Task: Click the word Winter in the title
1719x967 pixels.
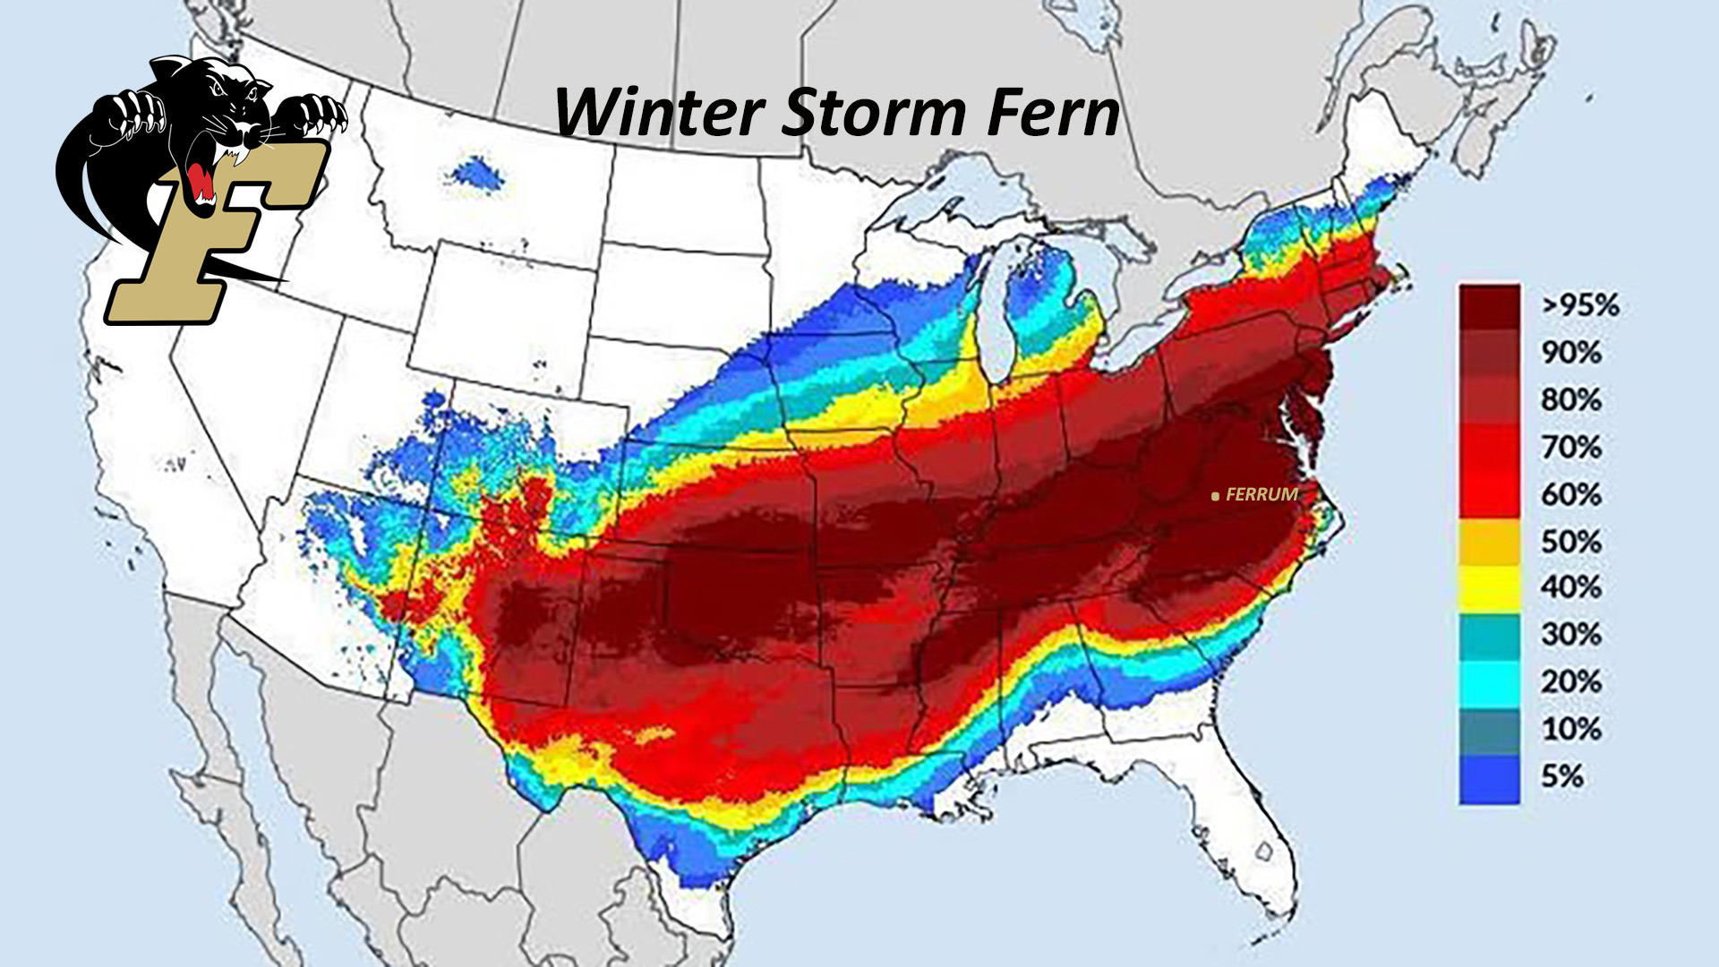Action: pos(658,114)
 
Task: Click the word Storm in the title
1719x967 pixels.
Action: pos(873,114)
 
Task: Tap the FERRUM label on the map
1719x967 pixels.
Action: pos(1261,494)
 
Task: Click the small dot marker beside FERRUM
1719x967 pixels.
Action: pos(1215,495)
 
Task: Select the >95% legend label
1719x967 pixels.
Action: pos(1579,305)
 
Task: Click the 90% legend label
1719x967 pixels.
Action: pos(1570,353)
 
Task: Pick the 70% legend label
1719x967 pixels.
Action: pos(1570,447)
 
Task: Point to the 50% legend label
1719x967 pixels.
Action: pos(1570,542)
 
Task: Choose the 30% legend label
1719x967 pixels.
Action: pos(1570,635)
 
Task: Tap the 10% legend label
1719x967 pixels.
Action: pos(1570,729)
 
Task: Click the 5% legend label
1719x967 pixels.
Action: pos(1562,775)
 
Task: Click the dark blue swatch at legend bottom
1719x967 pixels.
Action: pos(1489,779)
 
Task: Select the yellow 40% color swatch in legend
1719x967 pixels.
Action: pos(1489,588)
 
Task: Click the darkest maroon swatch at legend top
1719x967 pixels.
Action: pos(1489,306)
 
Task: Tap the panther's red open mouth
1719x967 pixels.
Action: pos(201,184)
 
